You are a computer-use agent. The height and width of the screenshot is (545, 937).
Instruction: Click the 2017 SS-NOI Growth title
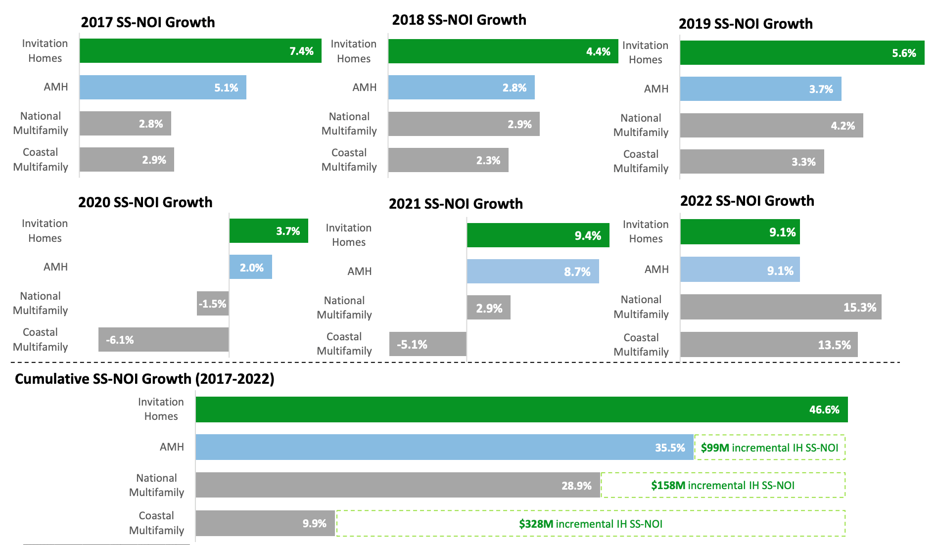pos(147,22)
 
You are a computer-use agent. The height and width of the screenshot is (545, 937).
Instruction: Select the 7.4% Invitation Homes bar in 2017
pos(200,51)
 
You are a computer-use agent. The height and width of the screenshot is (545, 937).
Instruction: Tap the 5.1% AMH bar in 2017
pos(163,88)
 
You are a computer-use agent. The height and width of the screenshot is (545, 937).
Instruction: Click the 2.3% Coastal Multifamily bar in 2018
pos(448,160)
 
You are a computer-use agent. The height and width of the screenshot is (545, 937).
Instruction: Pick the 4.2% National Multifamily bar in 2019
pos(771,126)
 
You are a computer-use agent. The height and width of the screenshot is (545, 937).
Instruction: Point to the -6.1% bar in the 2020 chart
pos(163,340)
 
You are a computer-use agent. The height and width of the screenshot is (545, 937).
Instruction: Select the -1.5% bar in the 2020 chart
pos(213,304)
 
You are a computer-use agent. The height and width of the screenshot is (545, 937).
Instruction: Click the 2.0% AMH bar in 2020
pos(250,268)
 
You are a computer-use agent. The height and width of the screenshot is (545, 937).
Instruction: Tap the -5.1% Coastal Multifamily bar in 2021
pos(427,344)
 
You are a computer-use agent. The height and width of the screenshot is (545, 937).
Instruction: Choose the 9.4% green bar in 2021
pos(538,235)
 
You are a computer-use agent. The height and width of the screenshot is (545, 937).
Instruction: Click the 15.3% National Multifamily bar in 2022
pos(780,307)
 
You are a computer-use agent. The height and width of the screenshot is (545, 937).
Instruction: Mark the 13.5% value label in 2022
pos(834,345)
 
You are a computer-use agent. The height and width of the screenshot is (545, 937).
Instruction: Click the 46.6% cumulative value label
pos(824,410)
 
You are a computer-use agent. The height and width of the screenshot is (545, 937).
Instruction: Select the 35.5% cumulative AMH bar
pos(444,448)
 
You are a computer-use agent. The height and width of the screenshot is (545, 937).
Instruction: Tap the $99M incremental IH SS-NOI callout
pos(769,448)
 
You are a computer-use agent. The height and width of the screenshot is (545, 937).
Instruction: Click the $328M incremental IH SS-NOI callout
pos(590,524)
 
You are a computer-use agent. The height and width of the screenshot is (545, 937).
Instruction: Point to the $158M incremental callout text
pos(722,486)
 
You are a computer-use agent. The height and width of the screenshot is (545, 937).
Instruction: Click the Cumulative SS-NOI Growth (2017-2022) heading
pos(144,379)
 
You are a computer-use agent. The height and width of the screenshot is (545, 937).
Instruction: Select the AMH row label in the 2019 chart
pos(656,89)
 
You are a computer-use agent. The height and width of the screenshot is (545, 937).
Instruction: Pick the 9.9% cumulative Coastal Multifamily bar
pos(265,524)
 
